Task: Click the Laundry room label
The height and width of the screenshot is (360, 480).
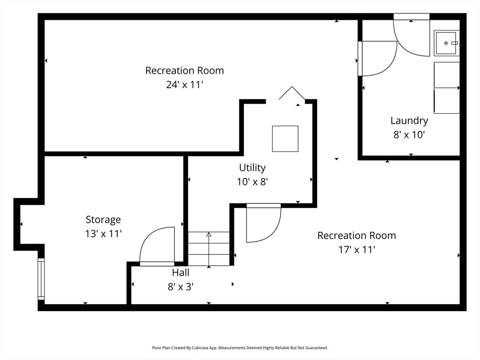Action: point(409,120)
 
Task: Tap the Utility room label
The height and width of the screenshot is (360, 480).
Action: point(252,168)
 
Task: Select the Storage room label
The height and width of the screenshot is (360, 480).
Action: point(103,219)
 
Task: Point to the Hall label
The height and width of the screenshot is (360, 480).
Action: point(180,272)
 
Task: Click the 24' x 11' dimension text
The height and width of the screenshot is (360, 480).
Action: point(185,84)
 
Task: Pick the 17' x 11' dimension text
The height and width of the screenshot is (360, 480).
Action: point(357,249)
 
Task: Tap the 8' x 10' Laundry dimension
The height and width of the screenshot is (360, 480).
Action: point(409,135)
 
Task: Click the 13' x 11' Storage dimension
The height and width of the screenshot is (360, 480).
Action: point(103,233)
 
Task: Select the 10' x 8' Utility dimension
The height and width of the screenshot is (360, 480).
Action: point(252,181)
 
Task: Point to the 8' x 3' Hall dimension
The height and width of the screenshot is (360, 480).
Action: point(180,286)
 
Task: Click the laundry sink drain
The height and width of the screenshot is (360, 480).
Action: point(446,43)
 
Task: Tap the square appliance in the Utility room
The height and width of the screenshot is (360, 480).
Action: point(285,139)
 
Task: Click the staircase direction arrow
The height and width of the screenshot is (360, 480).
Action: point(209,250)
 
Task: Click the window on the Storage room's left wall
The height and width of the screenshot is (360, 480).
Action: point(41,279)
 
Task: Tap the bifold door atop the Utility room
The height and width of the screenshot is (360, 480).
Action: point(292,92)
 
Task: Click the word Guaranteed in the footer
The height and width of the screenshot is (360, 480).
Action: point(316,348)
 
